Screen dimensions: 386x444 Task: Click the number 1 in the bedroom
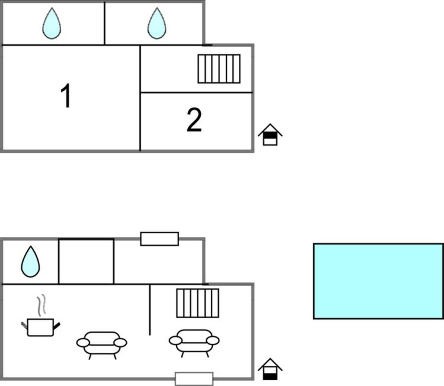click(x=66, y=96)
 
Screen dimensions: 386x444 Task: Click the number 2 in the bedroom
click(x=194, y=120)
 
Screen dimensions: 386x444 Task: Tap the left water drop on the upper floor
click(x=52, y=23)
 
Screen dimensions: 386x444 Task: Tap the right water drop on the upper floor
click(x=156, y=23)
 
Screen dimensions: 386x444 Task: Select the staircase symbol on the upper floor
click(x=219, y=69)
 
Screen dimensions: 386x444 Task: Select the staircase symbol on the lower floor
click(x=197, y=303)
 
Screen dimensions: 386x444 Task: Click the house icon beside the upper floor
click(x=270, y=135)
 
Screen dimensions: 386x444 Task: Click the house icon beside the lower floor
click(x=270, y=369)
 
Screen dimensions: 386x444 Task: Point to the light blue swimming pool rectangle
click(x=378, y=281)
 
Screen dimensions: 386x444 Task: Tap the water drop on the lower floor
click(x=30, y=261)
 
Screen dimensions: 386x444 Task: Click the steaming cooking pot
click(x=40, y=326)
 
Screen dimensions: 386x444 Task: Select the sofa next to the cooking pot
click(x=102, y=343)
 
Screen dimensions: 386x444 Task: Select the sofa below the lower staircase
click(x=194, y=341)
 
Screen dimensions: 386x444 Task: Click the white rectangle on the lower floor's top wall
click(x=159, y=239)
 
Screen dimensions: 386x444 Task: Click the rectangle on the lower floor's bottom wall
click(x=194, y=378)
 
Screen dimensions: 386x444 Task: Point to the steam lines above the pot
click(x=41, y=305)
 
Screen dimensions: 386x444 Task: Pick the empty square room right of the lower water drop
click(x=86, y=261)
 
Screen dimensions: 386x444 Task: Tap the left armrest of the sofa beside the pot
click(x=83, y=343)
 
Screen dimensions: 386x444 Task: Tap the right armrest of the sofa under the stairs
click(x=213, y=340)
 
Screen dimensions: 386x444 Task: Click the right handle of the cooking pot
click(x=57, y=324)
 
